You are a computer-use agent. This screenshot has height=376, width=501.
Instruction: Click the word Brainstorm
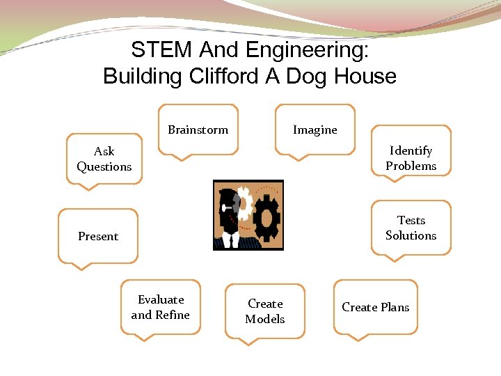pyautogui.click(x=198, y=130)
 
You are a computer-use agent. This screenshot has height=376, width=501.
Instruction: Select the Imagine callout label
pyautogui.click(x=315, y=130)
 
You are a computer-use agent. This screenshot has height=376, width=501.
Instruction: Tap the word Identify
pyautogui.click(x=411, y=150)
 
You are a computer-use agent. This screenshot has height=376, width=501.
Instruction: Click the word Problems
pyautogui.click(x=411, y=166)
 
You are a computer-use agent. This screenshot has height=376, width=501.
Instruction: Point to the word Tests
pyautogui.click(x=411, y=220)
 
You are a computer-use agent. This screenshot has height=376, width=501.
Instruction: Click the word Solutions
pyautogui.click(x=411, y=235)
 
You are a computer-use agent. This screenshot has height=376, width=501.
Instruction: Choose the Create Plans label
pyautogui.click(x=375, y=307)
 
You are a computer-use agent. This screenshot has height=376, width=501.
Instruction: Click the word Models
pyautogui.click(x=264, y=319)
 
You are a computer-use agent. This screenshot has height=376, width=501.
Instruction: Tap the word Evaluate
pyautogui.click(x=161, y=299)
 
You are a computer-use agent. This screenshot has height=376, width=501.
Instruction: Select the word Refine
pyautogui.click(x=172, y=315)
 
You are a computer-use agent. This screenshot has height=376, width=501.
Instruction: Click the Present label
pyautogui.click(x=98, y=237)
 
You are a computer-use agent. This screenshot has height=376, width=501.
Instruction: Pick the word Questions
pyautogui.click(x=104, y=167)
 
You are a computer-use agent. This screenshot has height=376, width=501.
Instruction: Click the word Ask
pyautogui.click(x=104, y=151)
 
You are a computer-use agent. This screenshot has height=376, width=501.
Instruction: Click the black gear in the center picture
pyautogui.click(x=266, y=217)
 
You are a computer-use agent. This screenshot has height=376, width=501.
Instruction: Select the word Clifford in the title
pyautogui.click(x=223, y=76)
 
